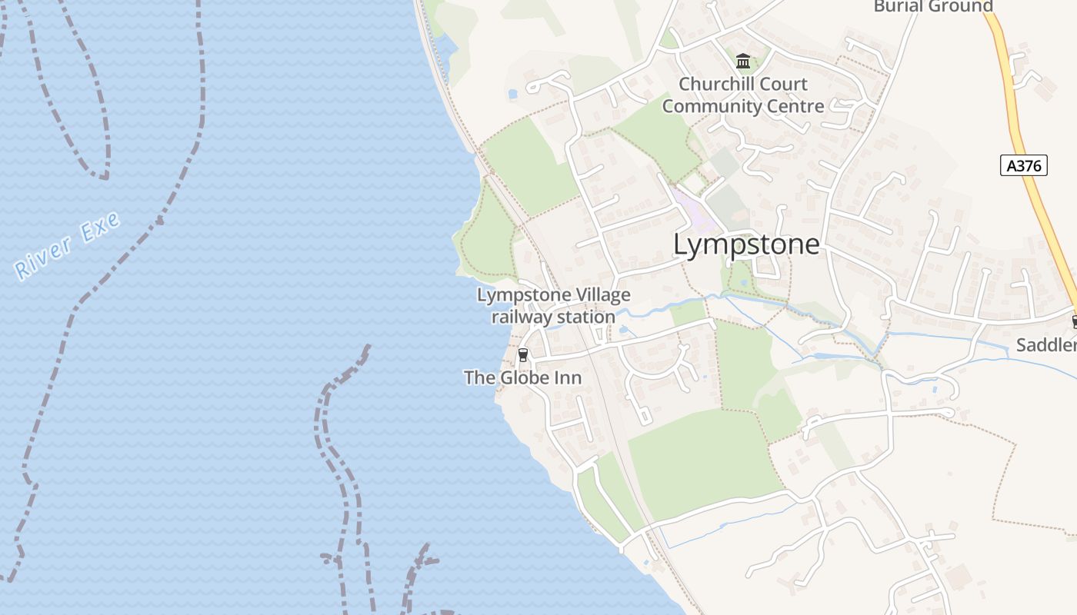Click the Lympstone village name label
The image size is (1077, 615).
746,244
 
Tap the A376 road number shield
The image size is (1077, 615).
1024,165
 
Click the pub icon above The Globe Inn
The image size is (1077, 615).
523,354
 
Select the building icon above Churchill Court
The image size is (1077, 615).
743,61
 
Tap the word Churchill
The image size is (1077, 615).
715,84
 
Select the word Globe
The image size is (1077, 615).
525,377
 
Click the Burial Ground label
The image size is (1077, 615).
933,6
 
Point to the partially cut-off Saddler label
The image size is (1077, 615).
1046,344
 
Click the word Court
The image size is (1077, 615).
783,84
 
